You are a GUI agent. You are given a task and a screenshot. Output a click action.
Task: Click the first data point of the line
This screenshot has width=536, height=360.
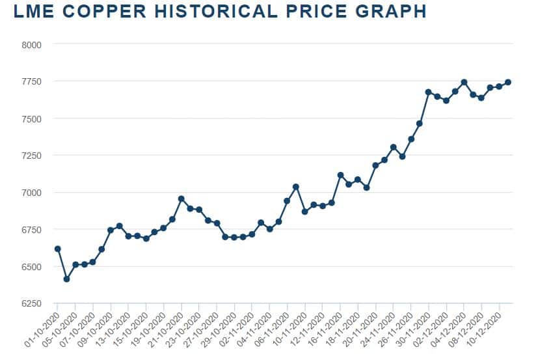(x=57, y=249)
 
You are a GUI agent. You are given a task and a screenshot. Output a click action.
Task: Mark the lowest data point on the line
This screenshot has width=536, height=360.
(x=66, y=279)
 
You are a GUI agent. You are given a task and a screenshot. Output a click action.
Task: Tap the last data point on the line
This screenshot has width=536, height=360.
(x=508, y=82)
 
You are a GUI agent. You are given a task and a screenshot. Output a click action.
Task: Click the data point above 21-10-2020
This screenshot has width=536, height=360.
(x=181, y=199)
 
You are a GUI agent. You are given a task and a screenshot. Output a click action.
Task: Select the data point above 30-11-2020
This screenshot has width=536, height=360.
(x=428, y=92)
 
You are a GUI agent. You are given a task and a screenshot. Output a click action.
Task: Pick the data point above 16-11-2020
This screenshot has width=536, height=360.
(x=340, y=174)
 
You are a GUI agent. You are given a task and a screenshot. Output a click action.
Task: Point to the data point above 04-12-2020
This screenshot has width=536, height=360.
(x=464, y=82)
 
